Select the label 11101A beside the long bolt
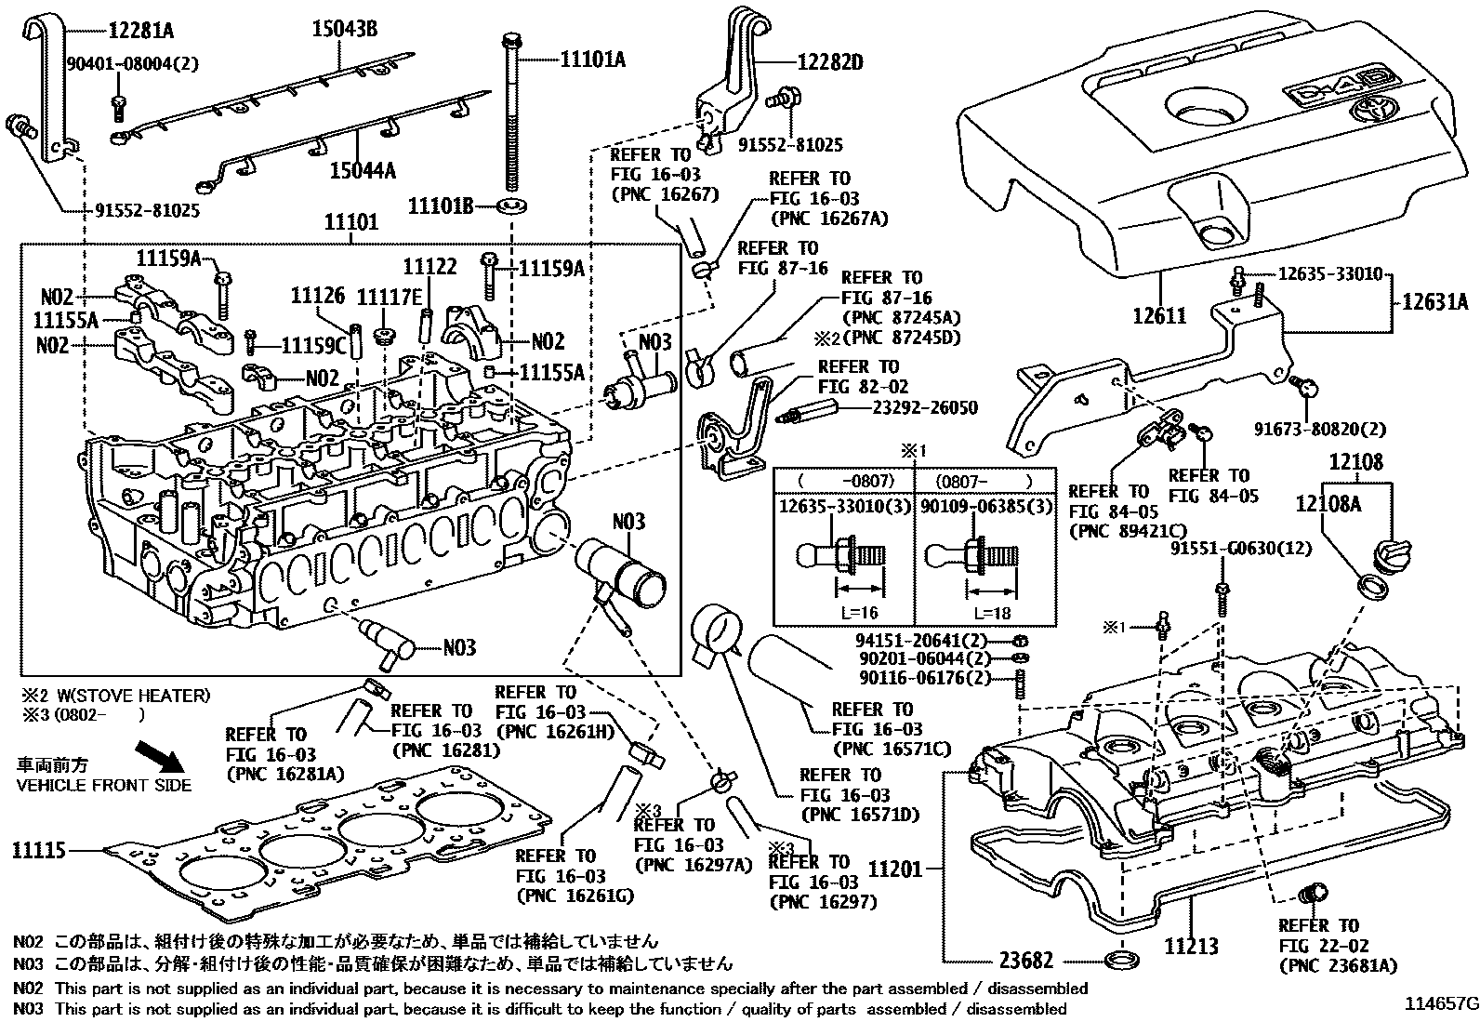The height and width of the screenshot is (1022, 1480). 593,60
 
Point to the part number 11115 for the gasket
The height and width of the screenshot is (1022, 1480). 38,850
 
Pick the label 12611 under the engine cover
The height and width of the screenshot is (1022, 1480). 1159,315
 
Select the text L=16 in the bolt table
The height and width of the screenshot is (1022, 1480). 855,613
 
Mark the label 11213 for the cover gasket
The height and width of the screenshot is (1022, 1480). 1191,947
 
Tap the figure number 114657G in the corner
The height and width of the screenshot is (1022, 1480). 1440,1004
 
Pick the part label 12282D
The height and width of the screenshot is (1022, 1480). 829,63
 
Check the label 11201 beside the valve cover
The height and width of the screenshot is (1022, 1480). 895,869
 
